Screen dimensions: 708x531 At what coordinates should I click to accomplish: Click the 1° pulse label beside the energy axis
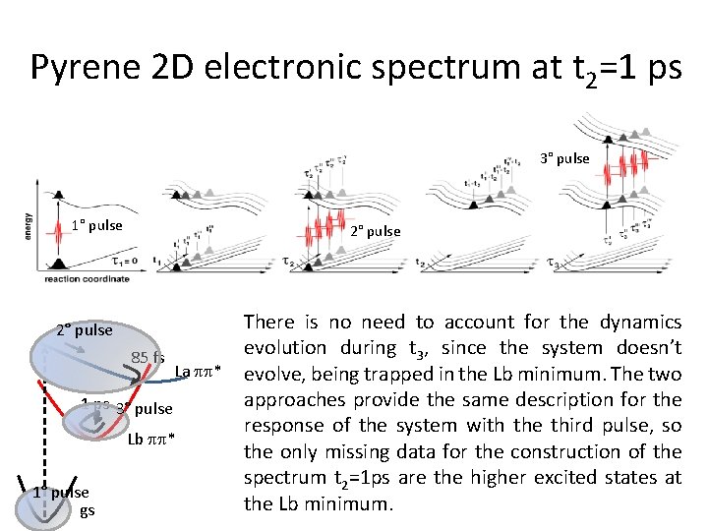point(96,225)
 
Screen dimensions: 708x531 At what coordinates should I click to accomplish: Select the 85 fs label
point(147,357)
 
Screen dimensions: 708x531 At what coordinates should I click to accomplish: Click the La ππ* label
point(198,371)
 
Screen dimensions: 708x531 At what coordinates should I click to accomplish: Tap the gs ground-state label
point(87,511)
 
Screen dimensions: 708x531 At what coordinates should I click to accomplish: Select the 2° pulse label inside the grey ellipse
point(85,329)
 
